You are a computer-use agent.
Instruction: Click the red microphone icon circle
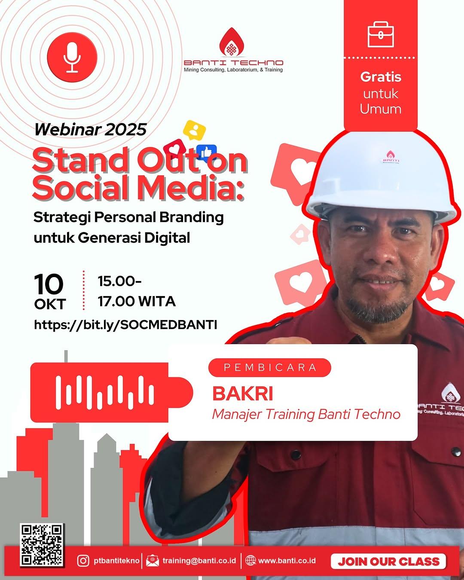point(72,57)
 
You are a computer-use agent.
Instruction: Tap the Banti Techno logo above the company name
point(232,43)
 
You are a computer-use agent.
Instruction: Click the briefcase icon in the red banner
point(381,34)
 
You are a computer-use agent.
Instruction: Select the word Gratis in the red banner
point(381,77)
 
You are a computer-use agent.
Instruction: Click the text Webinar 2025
point(91,129)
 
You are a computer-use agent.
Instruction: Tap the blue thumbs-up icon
point(206,152)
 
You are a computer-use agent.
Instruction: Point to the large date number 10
point(49,284)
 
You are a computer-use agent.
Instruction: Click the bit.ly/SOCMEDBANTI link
point(125,324)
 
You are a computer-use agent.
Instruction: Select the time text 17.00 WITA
point(137,301)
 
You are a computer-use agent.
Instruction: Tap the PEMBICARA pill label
point(270,368)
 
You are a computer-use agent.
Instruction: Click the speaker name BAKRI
point(243,394)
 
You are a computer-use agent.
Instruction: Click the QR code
point(42,544)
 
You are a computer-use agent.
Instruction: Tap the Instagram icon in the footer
point(83,561)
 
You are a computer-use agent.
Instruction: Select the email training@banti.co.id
point(199,561)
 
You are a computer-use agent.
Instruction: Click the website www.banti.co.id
point(287,561)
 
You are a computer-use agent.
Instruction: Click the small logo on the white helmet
point(390,157)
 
